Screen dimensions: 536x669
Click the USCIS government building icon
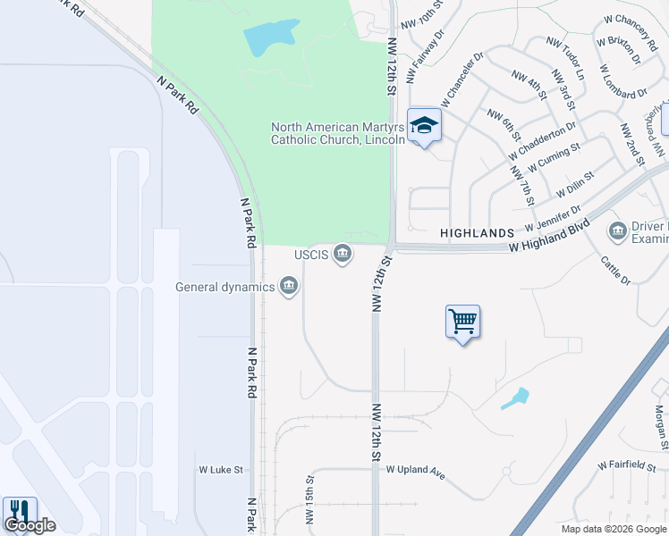(342, 255)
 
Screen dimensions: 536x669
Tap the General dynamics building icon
(288, 287)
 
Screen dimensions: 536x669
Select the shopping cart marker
(462, 321)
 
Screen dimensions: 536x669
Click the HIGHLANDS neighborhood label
(478, 232)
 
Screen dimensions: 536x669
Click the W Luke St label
(221, 469)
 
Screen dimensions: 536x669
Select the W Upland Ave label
(415, 470)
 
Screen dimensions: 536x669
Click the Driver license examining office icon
(617, 232)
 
